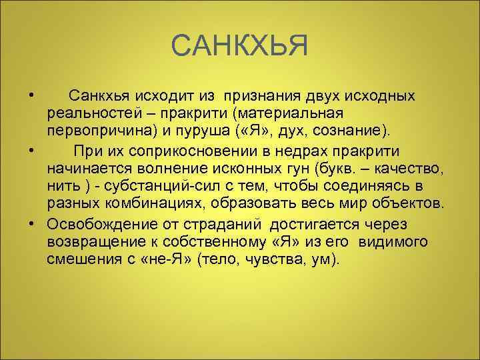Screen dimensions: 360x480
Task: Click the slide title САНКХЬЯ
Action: coord(239,47)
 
